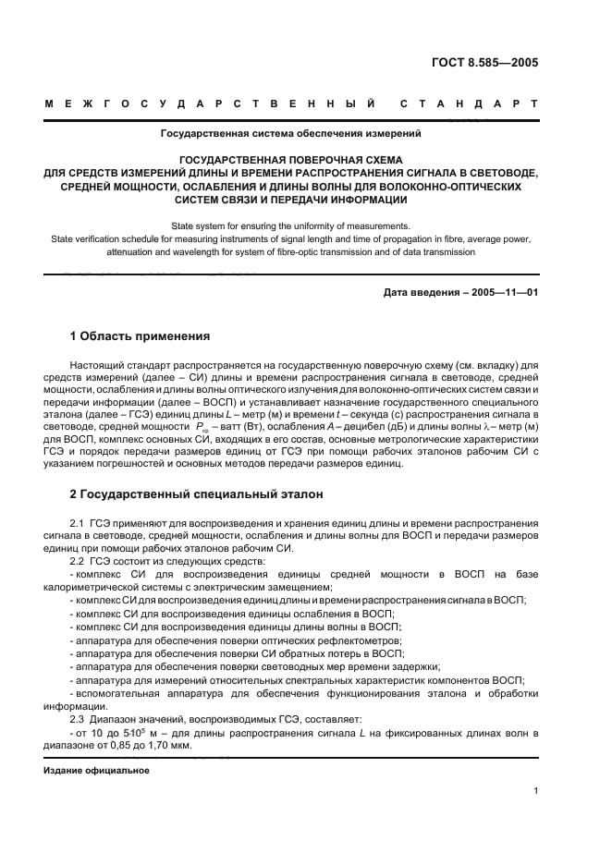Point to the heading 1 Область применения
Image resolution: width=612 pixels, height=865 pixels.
pos(141,335)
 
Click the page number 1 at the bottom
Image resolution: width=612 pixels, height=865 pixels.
pos(536,791)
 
